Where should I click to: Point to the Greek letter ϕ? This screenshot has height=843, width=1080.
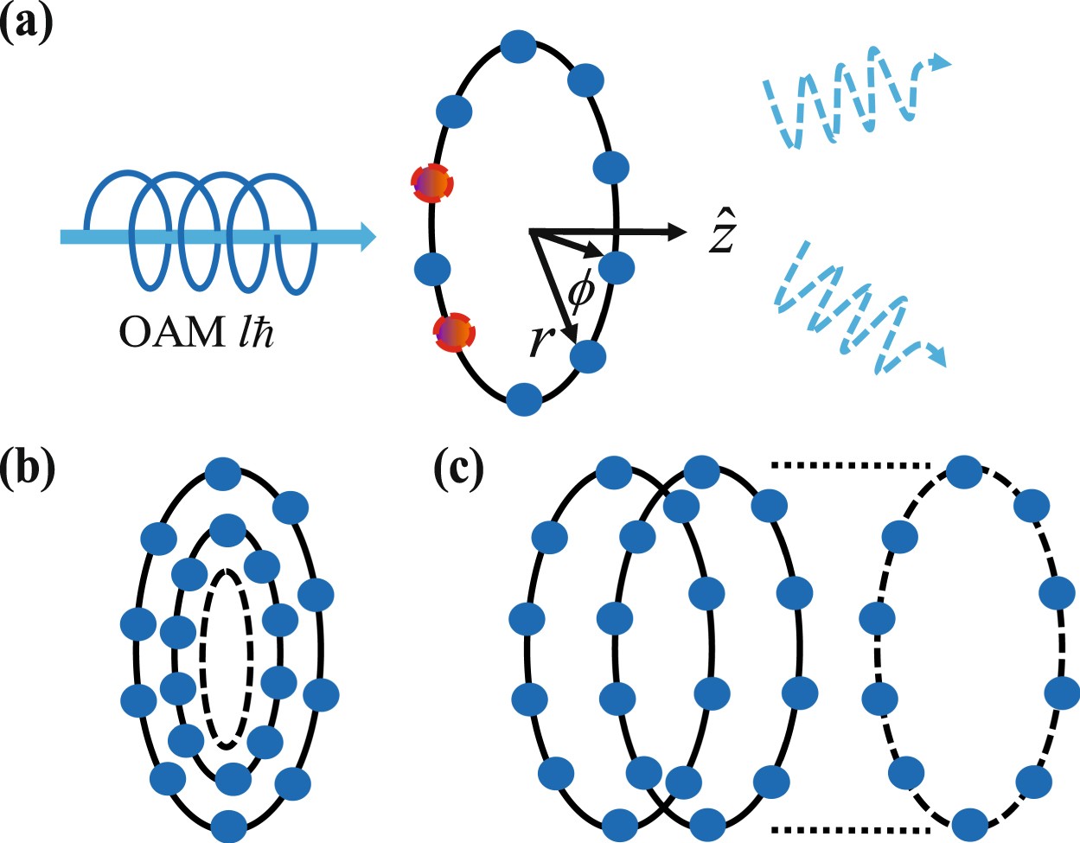pos(581,292)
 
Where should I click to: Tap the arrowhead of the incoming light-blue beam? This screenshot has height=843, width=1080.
pos(367,235)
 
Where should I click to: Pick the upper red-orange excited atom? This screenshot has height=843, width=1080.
pos(431,183)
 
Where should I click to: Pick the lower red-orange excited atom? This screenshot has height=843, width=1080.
pos(455,332)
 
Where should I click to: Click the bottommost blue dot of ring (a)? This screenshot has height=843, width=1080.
pos(524,399)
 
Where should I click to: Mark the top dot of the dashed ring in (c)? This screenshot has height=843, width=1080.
pos(964,472)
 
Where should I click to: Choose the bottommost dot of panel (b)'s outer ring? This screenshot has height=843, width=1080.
pos(227,824)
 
